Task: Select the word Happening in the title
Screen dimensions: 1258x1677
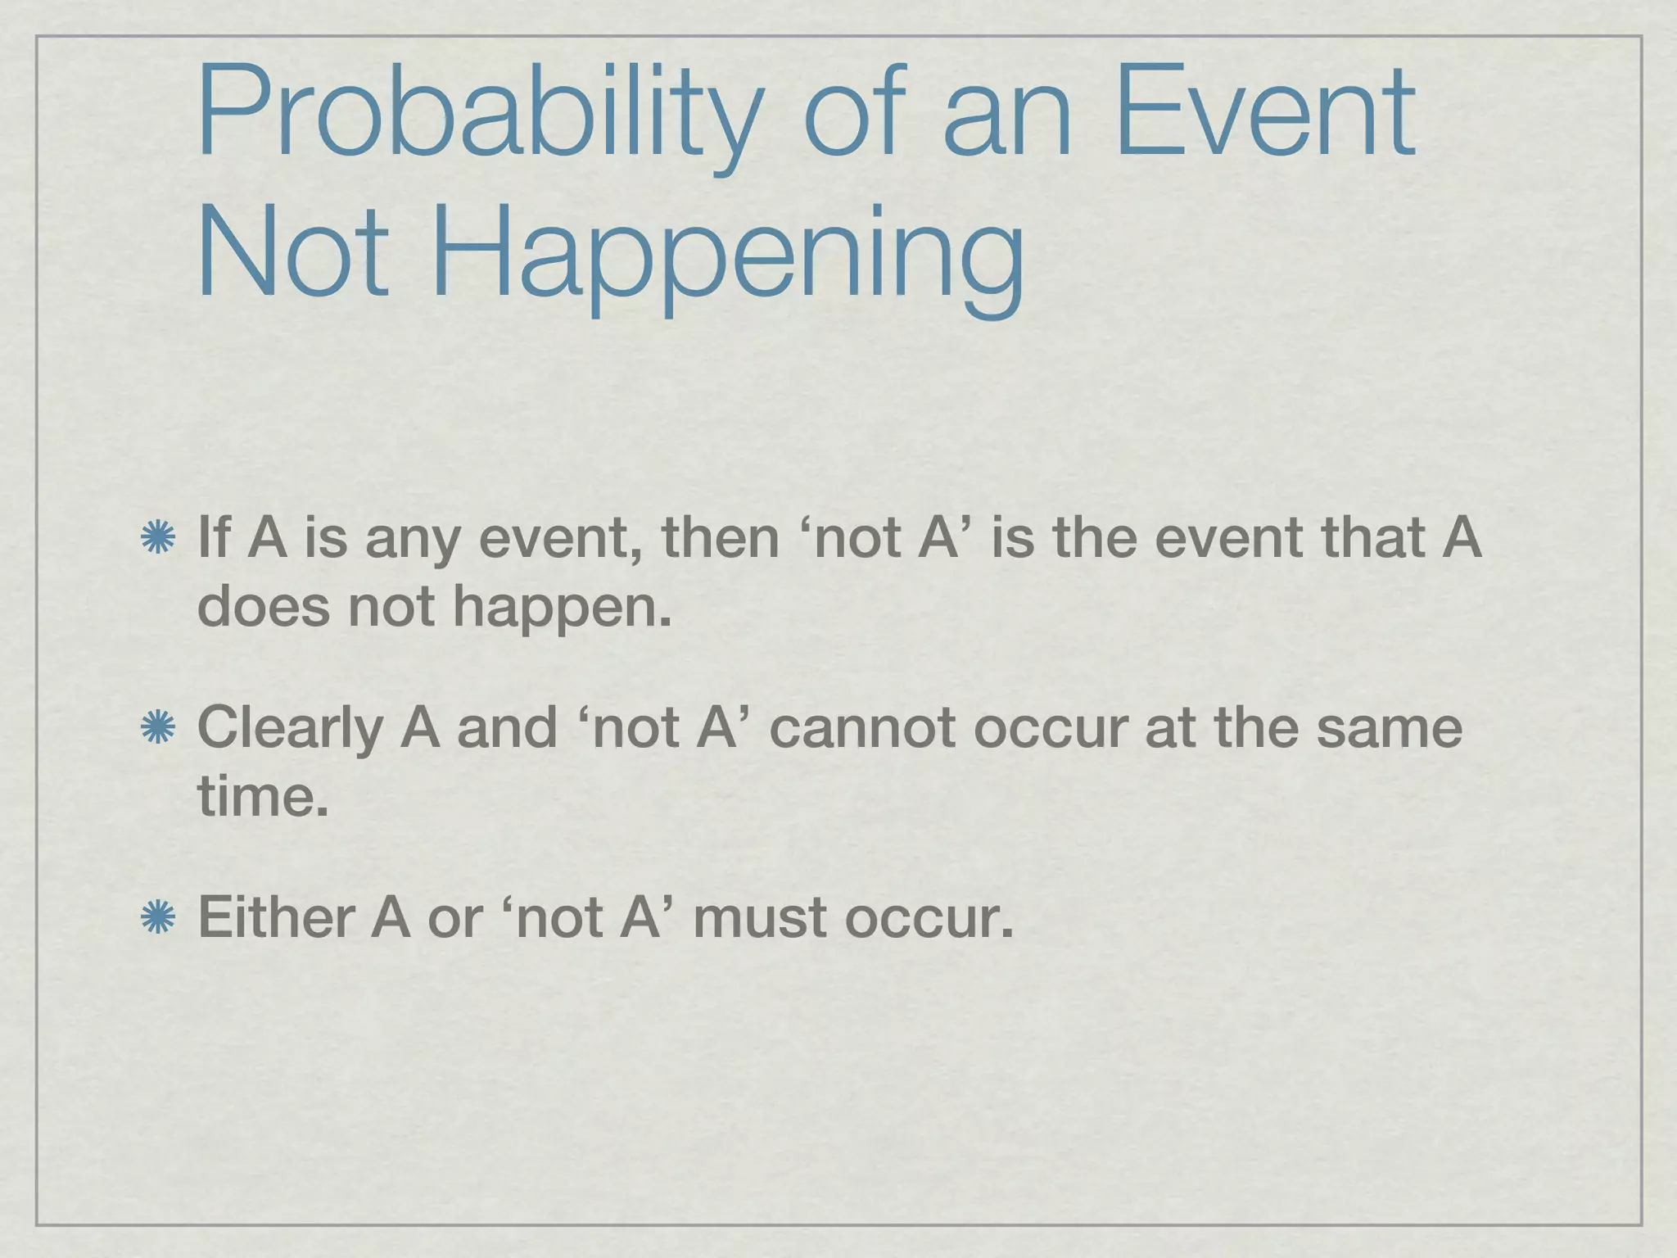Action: (728, 253)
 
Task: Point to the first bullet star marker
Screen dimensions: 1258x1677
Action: (157, 539)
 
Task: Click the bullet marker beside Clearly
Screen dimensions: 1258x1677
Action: (157, 728)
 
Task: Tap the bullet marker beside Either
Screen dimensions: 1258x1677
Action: (157, 917)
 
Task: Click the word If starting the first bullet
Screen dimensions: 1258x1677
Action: (215, 538)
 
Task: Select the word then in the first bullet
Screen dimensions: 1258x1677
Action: (721, 538)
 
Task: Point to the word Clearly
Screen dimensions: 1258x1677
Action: (290, 728)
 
